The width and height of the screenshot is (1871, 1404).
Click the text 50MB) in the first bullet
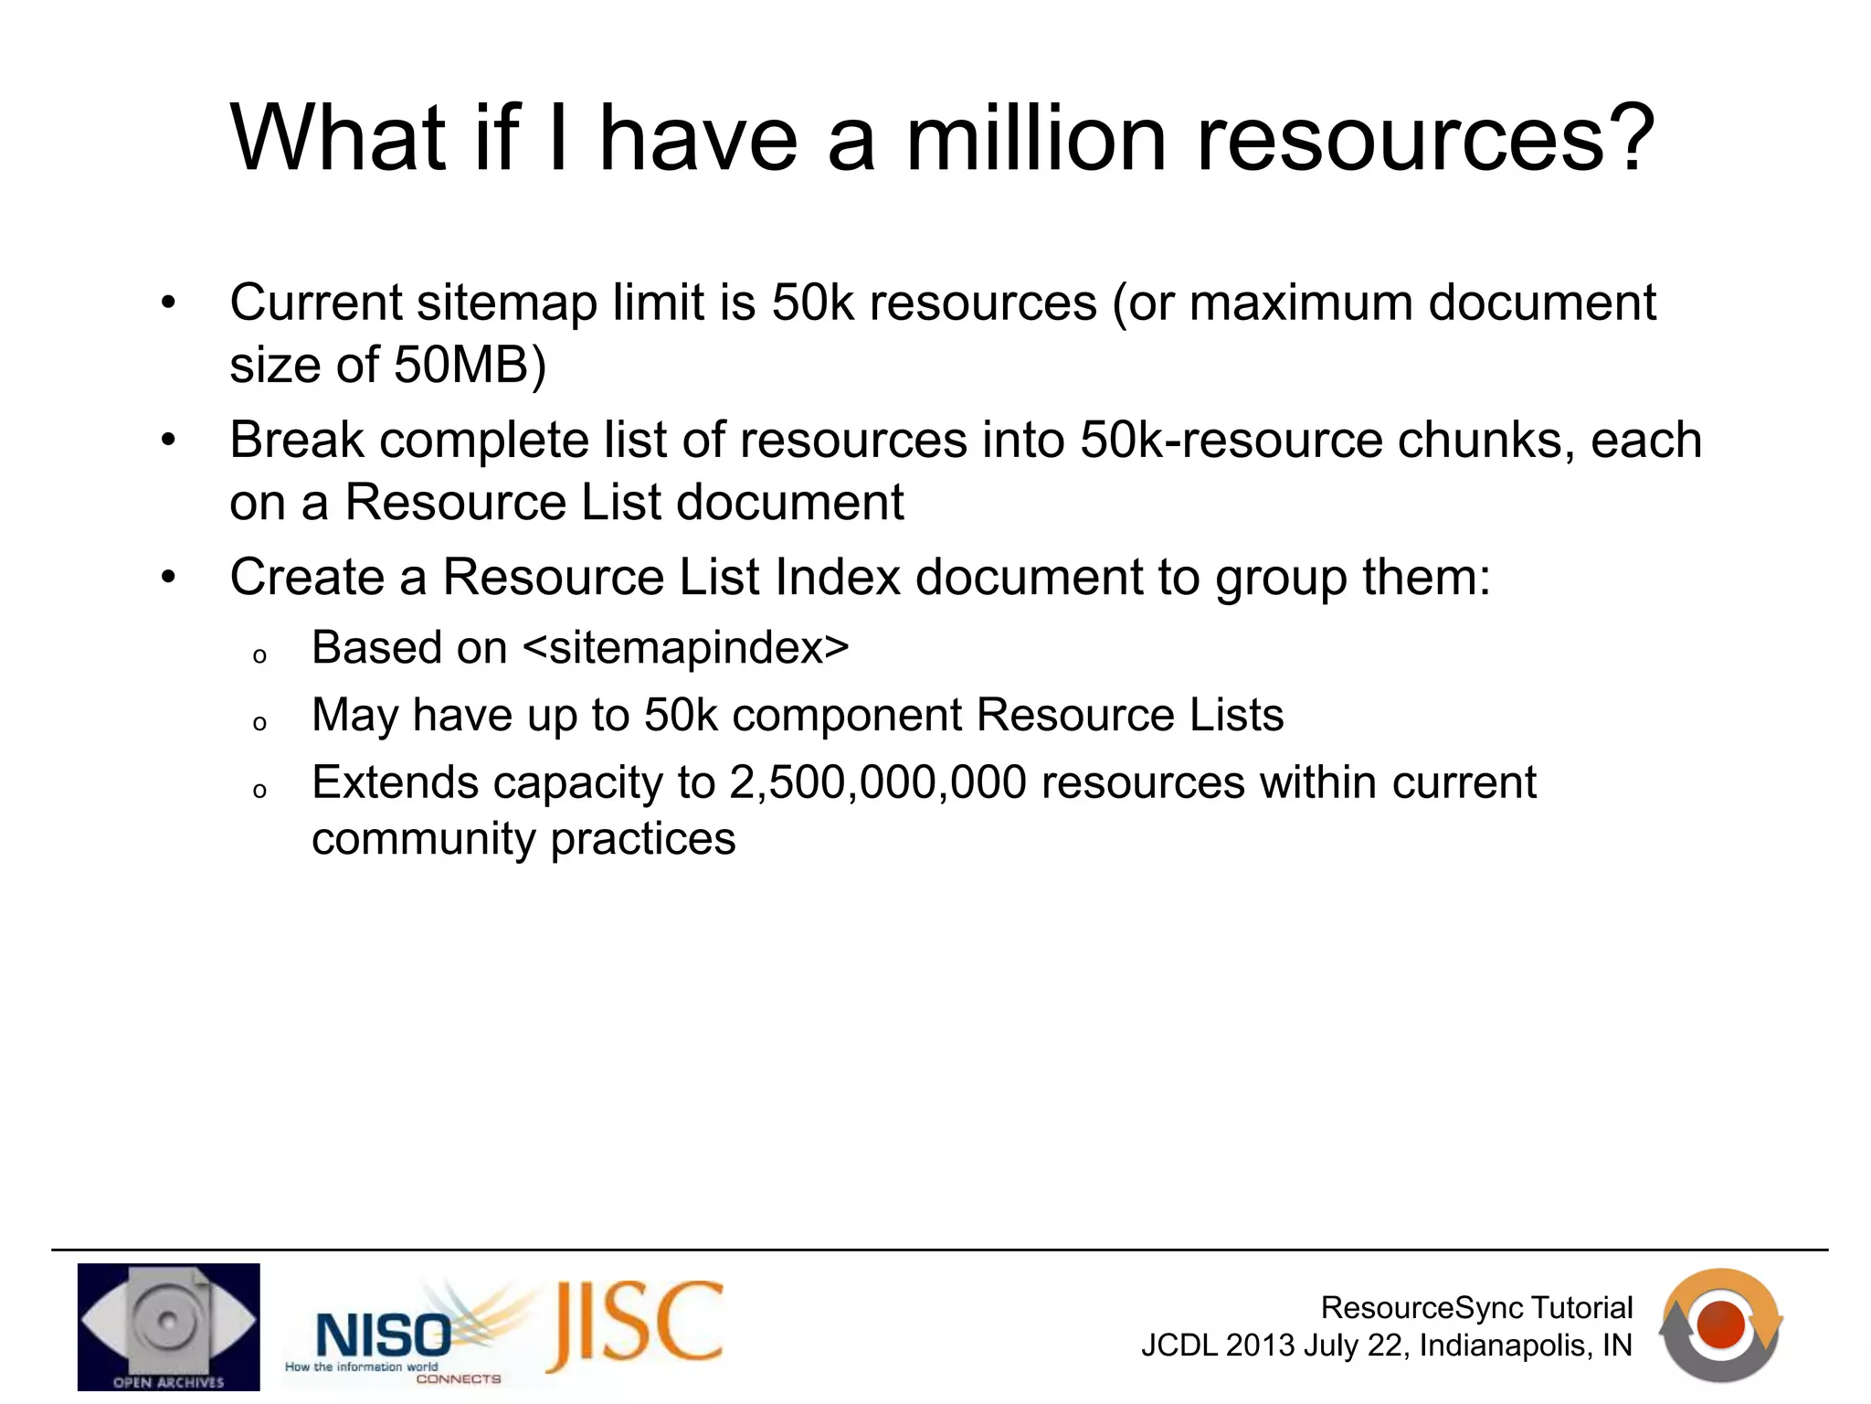(470, 366)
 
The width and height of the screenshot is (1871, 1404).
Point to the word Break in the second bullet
(296, 440)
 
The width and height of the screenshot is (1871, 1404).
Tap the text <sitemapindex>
(685, 648)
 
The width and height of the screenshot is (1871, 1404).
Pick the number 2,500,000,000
(877, 783)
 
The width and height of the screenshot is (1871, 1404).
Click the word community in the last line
(423, 839)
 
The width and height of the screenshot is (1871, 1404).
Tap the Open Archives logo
(168, 1326)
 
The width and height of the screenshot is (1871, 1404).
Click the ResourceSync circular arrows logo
(1720, 1324)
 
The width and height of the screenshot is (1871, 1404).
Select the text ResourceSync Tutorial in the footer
(1475, 1308)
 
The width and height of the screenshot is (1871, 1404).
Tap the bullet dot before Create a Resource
(168, 578)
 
